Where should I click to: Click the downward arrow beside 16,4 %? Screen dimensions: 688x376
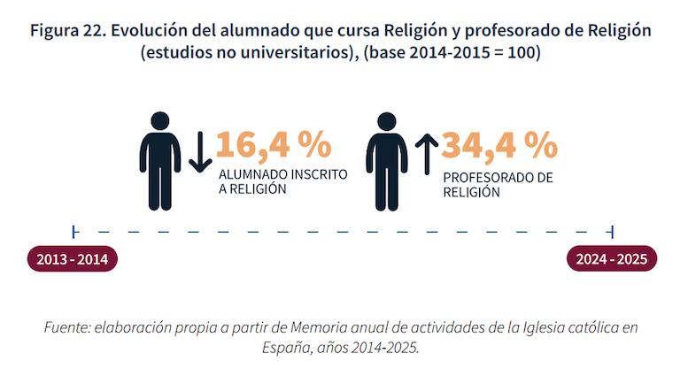(200, 151)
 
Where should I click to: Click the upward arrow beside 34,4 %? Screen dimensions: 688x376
(427, 154)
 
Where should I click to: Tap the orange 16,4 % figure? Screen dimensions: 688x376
(274, 145)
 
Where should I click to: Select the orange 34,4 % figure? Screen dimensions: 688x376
(499, 145)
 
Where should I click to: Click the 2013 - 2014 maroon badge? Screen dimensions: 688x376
(73, 259)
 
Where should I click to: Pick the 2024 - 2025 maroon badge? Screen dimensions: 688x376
(612, 258)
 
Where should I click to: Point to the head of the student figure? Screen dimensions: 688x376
(159, 121)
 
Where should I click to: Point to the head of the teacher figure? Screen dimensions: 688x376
(387, 121)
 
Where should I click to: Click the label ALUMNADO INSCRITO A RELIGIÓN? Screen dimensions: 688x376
(283, 181)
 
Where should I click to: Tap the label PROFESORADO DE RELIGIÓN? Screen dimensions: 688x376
(498, 185)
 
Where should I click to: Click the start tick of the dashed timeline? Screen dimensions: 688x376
(74, 232)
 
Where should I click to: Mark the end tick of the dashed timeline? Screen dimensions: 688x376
(611, 232)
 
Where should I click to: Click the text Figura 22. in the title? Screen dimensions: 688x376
(68, 31)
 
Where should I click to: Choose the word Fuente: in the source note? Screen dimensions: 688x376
(67, 327)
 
